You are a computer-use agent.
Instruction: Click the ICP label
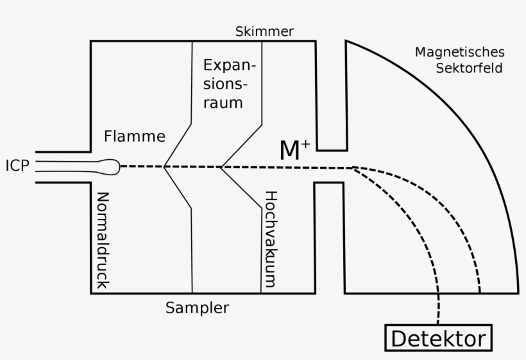point(17,167)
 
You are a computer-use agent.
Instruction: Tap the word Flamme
point(135,136)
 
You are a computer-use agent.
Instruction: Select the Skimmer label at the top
point(264,31)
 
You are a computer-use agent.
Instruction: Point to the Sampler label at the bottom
point(197,307)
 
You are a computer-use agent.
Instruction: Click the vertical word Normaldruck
point(103,241)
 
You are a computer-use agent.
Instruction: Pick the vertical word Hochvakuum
point(271,238)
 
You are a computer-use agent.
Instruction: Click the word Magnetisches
point(460,52)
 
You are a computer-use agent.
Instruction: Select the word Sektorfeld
point(469,67)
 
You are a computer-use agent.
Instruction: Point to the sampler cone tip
point(165,167)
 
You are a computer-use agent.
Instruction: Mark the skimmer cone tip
point(221,167)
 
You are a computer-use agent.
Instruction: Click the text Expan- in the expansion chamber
point(229,66)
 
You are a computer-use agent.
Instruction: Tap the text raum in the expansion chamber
point(223,103)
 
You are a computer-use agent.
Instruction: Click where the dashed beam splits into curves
point(353,167)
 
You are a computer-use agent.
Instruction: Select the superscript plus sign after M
point(305,144)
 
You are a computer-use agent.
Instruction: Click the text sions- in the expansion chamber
point(226,84)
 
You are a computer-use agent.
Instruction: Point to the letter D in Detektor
point(398,338)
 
